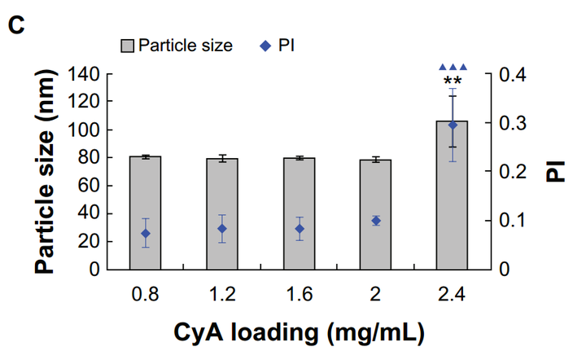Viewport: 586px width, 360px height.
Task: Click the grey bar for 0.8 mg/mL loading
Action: (146, 212)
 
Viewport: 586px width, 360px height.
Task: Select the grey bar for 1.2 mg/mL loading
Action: (222, 213)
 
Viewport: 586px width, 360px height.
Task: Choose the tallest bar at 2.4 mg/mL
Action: (453, 195)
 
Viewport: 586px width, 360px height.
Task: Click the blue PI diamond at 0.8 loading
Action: (146, 234)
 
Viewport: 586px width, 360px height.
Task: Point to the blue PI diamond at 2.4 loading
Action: (453, 125)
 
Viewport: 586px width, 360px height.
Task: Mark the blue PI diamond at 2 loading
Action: (376, 220)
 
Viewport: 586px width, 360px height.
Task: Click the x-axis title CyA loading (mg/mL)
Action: (299, 332)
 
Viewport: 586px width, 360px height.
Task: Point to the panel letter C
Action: (15, 24)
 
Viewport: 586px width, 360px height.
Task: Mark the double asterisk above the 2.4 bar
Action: (453, 81)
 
